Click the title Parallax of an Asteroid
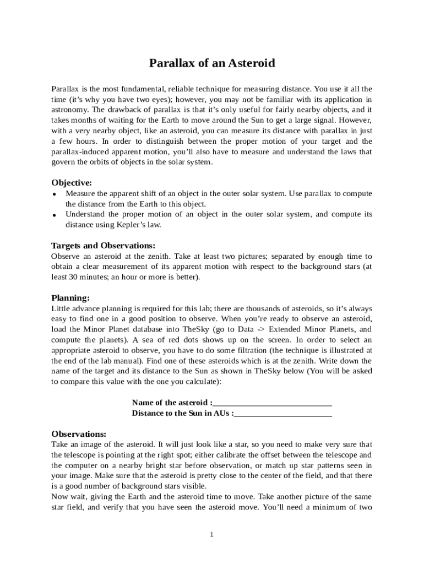coord(212,63)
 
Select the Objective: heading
coord(72,183)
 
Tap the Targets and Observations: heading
coord(103,246)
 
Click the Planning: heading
coord(70,298)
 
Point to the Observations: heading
coord(79,434)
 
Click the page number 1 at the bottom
coord(211,534)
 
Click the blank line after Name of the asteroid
coord(273,403)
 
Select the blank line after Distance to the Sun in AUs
coord(283,413)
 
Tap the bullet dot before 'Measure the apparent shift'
coord(55,194)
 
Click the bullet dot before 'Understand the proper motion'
coord(55,215)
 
